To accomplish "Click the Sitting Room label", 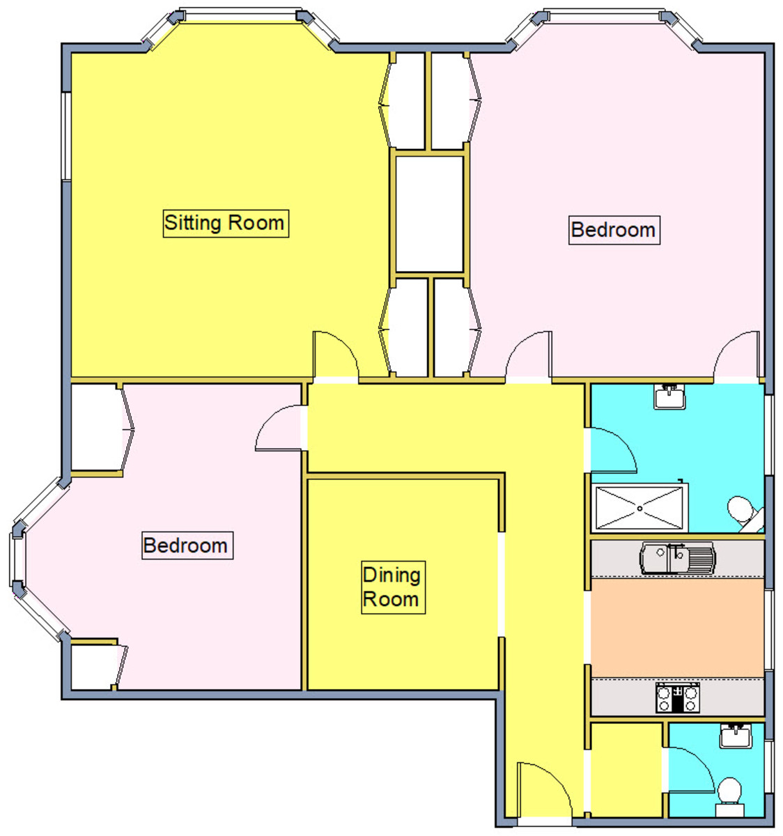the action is [x=226, y=224].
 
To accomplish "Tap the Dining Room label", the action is [x=393, y=587].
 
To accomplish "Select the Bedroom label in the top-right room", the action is [x=614, y=231].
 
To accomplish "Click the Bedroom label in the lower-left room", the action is [x=187, y=545].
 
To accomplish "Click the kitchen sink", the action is [x=677, y=558].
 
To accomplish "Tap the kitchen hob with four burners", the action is [x=678, y=698].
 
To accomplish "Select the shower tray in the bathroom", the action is [x=639, y=509].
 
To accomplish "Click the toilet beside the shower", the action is [x=745, y=513].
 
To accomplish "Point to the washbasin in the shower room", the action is [x=669, y=396].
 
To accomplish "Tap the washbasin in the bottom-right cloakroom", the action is [x=736, y=736].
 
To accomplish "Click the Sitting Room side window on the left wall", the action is [x=66, y=137].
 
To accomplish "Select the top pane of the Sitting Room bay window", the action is [x=240, y=15].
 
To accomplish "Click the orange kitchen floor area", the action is [x=677, y=628].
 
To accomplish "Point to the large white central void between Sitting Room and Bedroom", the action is [x=429, y=215].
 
